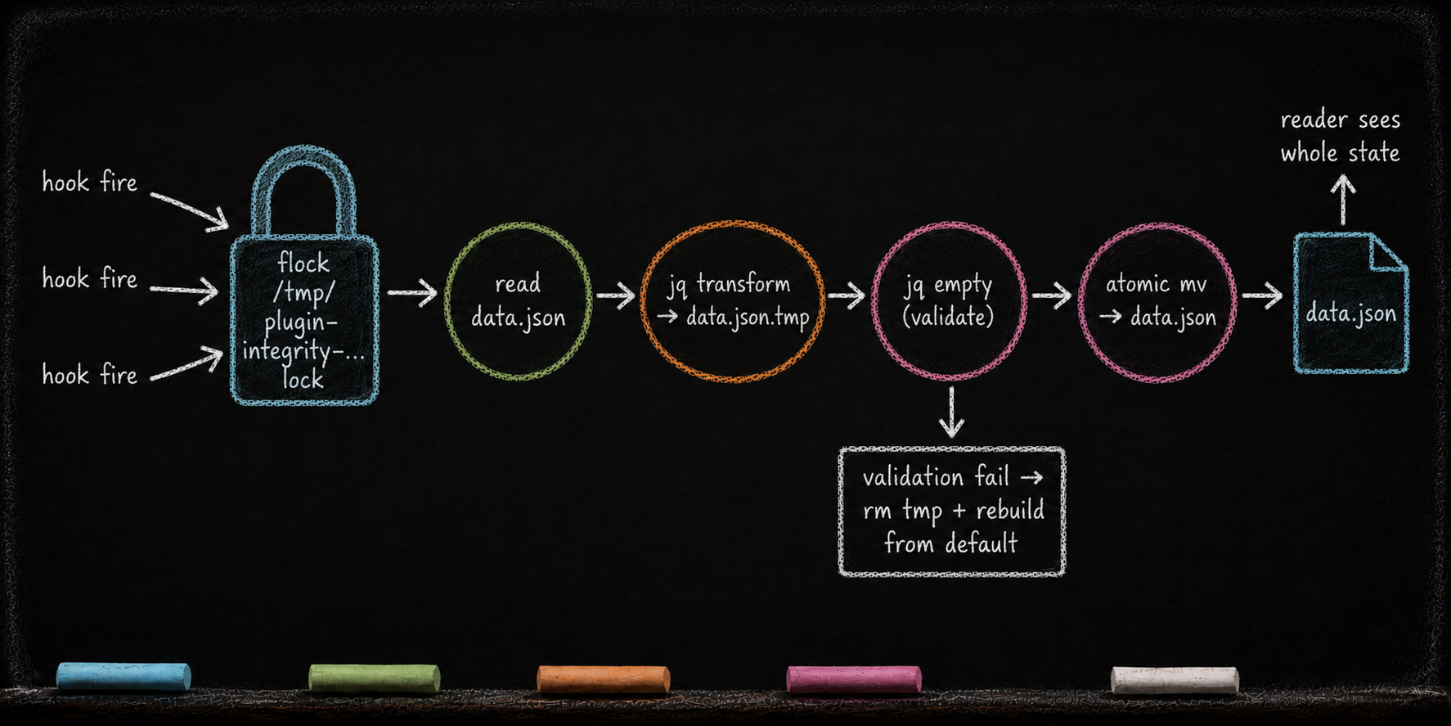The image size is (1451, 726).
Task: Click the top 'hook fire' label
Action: [90, 182]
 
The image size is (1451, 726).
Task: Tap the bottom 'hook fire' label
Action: [90, 375]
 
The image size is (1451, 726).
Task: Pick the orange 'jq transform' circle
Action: [643, 300]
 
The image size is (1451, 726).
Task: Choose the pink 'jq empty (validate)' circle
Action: [874, 300]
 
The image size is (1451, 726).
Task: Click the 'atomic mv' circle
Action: [1081, 301]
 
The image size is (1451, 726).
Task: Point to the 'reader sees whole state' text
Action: [1340, 137]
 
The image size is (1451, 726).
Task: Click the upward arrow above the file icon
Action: [1343, 201]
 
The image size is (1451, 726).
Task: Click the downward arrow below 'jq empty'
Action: [951, 412]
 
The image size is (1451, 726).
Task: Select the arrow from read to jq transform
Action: [616, 295]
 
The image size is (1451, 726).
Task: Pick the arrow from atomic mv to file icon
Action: [1262, 295]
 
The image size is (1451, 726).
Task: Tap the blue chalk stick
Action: [124, 676]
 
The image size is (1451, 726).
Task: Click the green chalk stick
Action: [375, 679]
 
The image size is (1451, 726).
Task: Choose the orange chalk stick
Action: [604, 679]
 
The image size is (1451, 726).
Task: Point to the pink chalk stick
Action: [854, 679]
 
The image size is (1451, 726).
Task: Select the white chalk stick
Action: [1175, 680]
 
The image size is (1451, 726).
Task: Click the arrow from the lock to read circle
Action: [412, 292]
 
